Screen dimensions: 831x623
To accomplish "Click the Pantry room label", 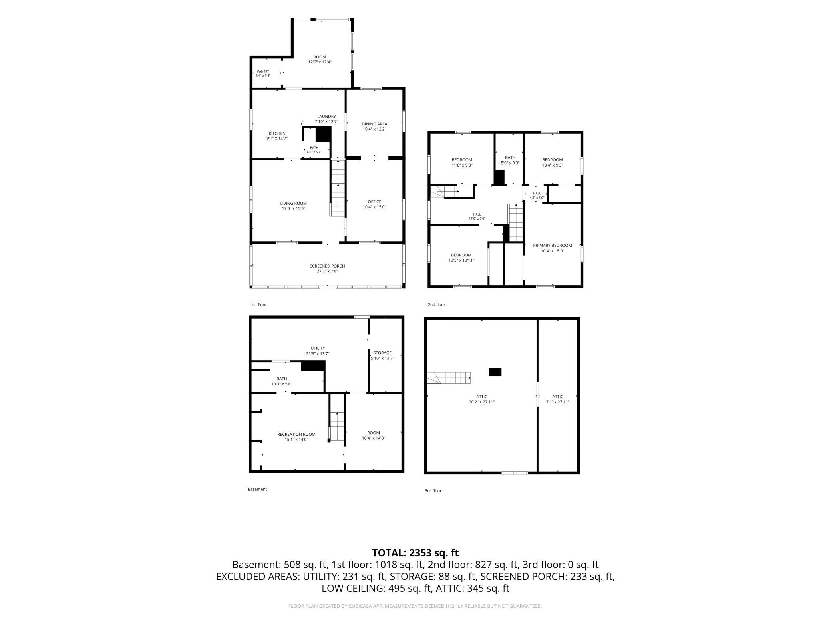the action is click(263, 71).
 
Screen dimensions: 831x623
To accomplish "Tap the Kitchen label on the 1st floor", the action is click(277, 133).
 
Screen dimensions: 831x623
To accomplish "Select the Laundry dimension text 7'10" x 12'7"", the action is click(326, 121).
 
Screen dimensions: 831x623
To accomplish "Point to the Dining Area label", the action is click(374, 124).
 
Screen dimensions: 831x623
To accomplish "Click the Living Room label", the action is click(293, 204).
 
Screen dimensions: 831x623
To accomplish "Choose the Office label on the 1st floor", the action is click(374, 202).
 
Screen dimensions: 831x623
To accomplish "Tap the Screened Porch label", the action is click(327, 266).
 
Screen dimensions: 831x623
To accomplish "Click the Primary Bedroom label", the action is click(552, 246).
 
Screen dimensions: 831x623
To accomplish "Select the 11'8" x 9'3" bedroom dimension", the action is click(462, 165).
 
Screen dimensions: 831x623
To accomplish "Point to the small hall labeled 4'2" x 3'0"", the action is click(537, 196).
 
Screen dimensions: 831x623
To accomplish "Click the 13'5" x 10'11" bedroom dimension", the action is click(461, 260).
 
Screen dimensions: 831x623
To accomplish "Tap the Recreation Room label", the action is click(296, 435).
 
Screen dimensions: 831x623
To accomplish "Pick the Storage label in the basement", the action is click(382, 353).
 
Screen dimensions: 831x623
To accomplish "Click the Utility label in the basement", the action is click(318, 348).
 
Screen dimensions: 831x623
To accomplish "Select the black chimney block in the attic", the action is click(495, 372).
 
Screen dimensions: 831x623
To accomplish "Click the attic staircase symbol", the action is click(449, 377).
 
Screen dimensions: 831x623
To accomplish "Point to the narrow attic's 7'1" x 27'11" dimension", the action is click(558, 402).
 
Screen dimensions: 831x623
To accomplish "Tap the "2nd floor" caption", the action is click(436, 304).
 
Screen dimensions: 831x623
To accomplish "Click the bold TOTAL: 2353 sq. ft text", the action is click(415, 553).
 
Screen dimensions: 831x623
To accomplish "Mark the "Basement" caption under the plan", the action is click(257, 489).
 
